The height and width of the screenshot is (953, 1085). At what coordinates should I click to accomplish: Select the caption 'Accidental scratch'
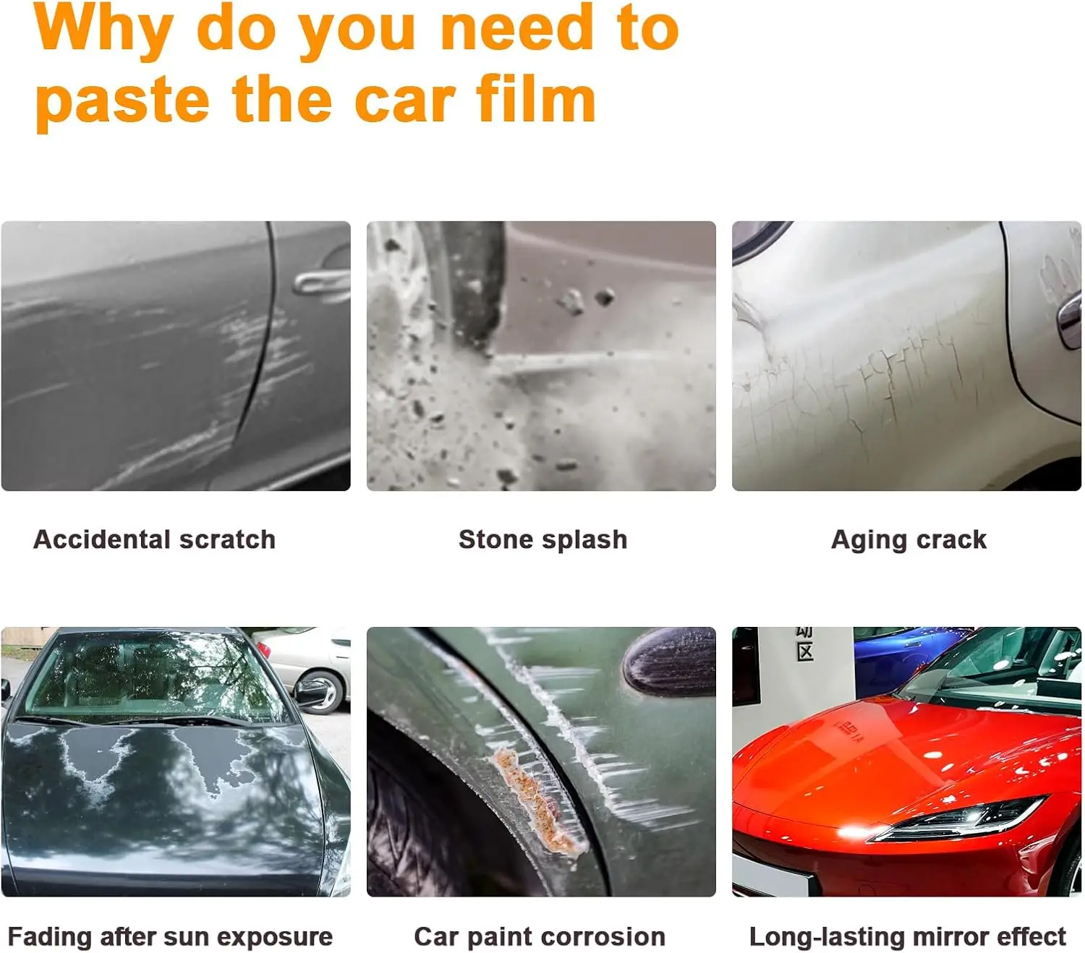click(x=154, y=539)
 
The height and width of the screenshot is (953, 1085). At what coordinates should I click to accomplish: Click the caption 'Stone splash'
click(x=542, y=539)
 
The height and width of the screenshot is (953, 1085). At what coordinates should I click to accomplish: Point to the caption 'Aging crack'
click(x=909, y=540)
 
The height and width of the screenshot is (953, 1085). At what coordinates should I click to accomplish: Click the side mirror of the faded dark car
click(x=309, y=691)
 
